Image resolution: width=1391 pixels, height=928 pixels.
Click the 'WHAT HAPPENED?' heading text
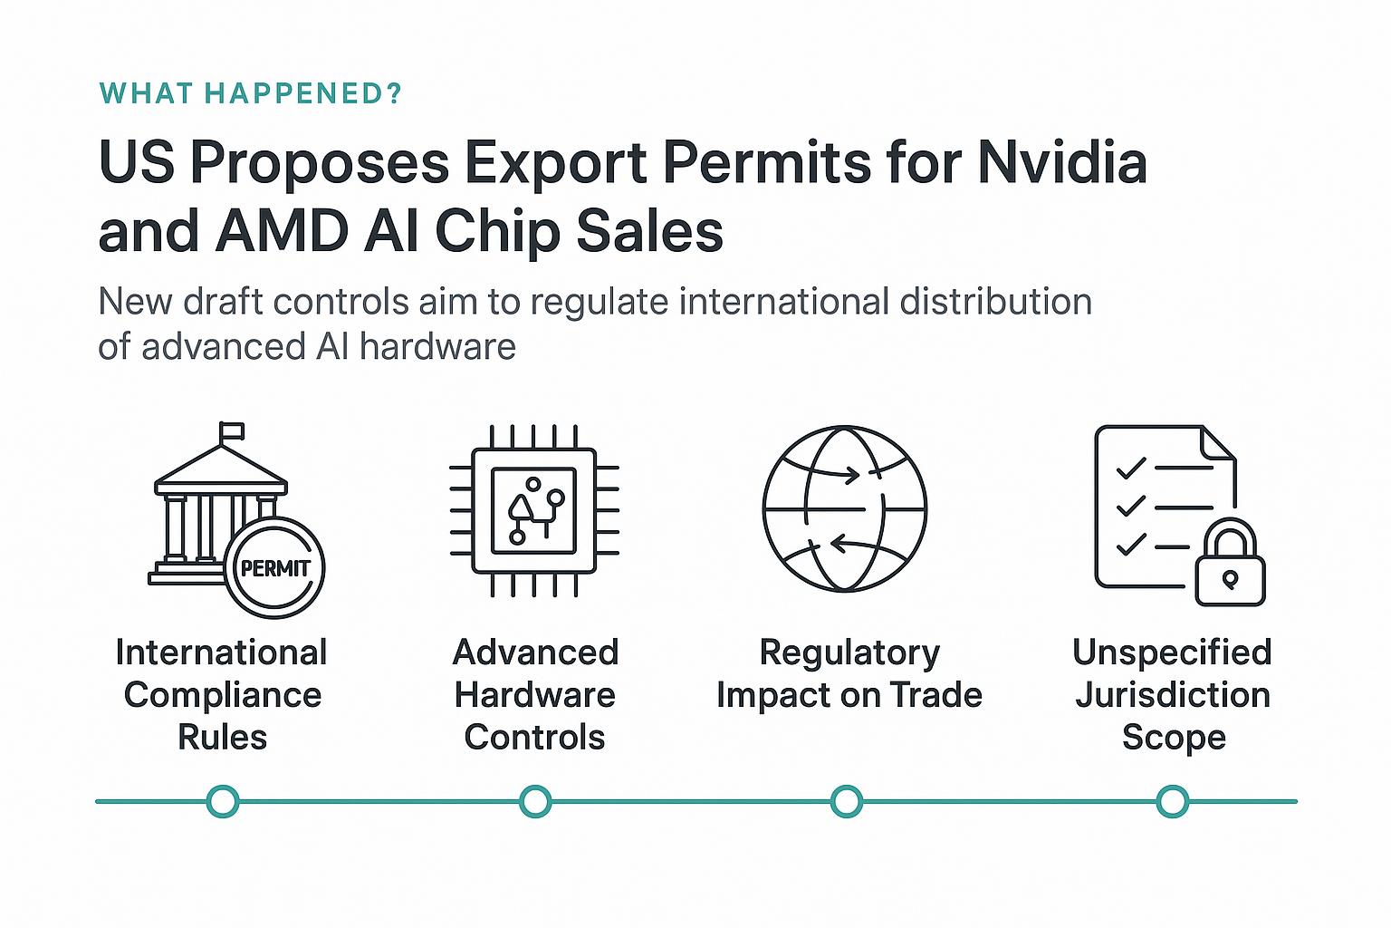[250, 93]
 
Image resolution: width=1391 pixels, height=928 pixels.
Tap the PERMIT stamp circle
[274, 568]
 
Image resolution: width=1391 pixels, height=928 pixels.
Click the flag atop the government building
[231, 431]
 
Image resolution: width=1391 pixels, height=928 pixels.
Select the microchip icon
[534, 511]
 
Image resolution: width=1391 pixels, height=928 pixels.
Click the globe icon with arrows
[844, 508]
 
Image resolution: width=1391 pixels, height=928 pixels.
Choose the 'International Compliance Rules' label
[222, 694]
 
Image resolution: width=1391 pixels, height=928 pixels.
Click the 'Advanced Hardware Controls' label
[534, 694]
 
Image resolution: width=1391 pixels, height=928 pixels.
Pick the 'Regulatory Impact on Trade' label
[849, 673]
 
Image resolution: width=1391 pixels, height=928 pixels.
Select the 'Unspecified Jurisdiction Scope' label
[1173, 694]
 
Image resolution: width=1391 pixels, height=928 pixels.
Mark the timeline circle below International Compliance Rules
[223, 802]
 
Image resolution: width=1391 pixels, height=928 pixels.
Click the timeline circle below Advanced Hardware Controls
[535, 802]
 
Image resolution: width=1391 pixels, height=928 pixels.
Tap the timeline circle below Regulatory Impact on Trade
[847, 802]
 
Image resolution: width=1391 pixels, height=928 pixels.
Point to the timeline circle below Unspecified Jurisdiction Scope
[1173, 802]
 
